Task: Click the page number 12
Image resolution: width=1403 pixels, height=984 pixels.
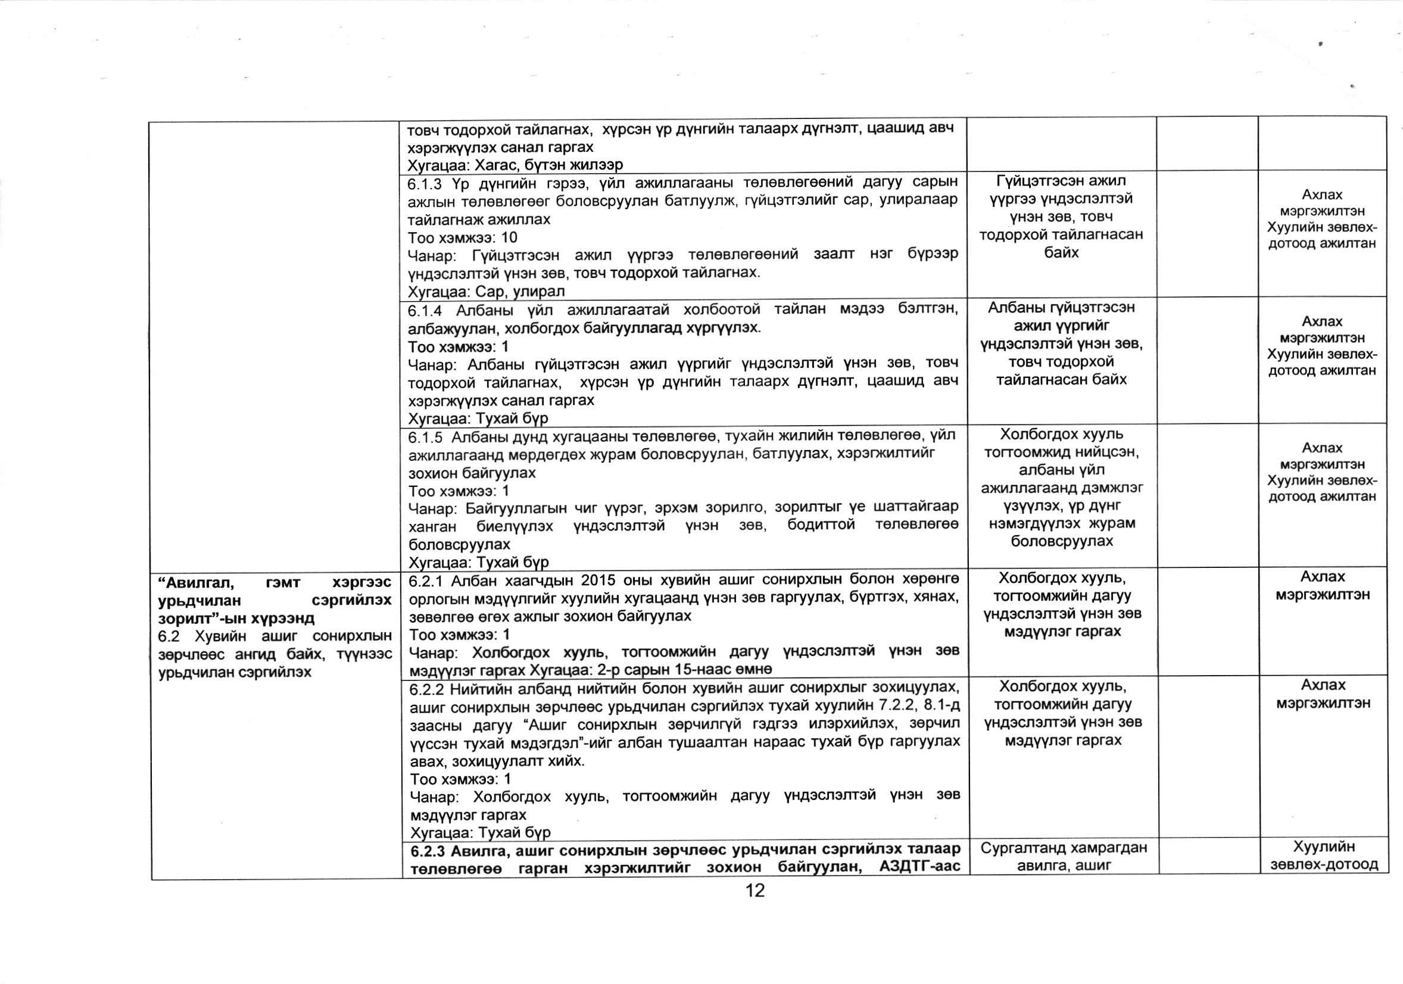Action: point(755,891)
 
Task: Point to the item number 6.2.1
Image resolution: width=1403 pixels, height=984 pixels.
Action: point(426,580)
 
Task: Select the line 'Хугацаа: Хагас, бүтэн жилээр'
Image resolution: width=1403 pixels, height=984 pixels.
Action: point(515,165)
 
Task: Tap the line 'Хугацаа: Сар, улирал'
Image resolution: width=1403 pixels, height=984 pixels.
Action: point(487,291)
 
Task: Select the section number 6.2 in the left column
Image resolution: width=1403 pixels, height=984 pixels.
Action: point(168,636)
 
